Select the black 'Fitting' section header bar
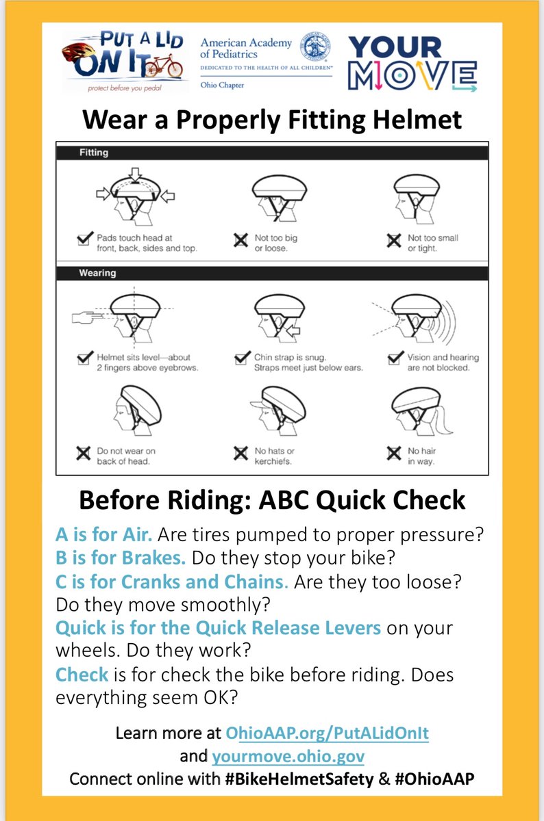point(271,153)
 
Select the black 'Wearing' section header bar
point(271,273)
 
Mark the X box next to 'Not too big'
point(241,240)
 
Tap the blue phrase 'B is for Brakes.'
point(121,557)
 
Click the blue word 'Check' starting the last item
point(82,674)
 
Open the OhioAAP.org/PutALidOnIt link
point(327,733)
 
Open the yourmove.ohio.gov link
point(288,756)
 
